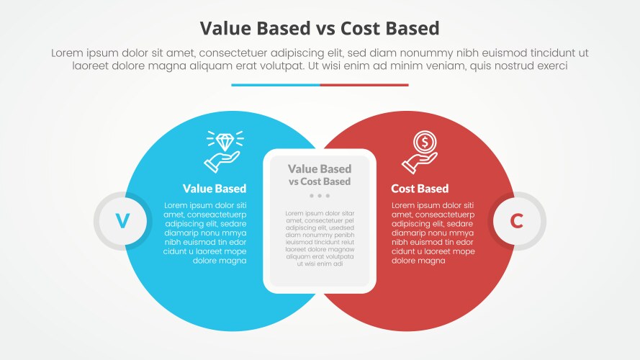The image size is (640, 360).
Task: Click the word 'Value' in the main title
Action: [225, 28]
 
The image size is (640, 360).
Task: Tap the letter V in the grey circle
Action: [123, 221]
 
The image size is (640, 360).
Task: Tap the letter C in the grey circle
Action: [516, 221]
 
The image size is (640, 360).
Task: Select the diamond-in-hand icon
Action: [222, 150]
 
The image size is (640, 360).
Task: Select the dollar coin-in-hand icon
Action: [421, 151]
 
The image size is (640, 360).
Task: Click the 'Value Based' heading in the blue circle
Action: [215, 189]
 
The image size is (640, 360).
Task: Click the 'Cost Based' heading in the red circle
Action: [420, 189]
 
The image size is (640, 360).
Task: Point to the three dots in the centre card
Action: [320, 196]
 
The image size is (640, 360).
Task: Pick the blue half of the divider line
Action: [276, 85]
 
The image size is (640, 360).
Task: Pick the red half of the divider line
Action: [364, 85]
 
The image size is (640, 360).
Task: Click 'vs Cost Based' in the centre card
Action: [320, 181]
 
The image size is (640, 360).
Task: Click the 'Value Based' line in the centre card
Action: [320, 169]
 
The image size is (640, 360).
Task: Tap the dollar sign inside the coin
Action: [425, 141]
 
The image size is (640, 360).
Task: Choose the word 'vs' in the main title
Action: [305, 28]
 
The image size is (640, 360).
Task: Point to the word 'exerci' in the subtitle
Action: [552, 66]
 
